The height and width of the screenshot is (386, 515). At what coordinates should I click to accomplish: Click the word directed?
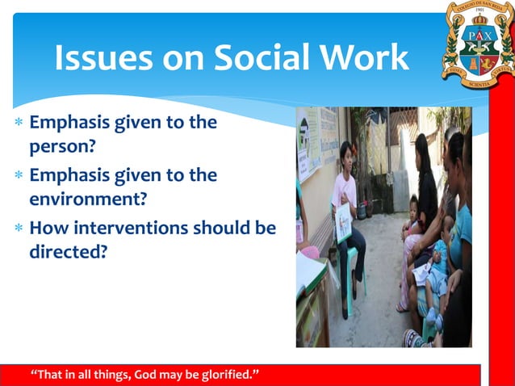click(69, 251)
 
